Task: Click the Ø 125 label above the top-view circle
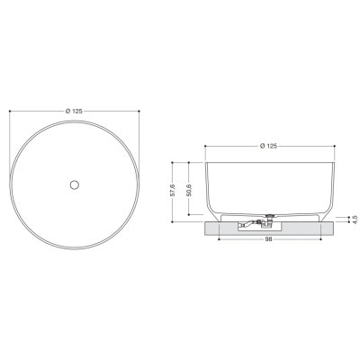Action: (x=74, y=111)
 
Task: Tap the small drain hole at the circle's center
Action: (x=75, y=184)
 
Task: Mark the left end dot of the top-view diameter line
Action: (x=10, y=111)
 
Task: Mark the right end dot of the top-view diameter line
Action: (x=139, y=111)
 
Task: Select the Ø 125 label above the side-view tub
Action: (x=269, y=146)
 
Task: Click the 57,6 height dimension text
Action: (x=173, y=190)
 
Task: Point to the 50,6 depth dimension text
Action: (x=189, y=190)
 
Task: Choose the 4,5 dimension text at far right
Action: (x=355, y=220)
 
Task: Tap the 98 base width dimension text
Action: (x=269, y=239)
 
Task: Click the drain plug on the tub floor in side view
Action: (x=271, y=215)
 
